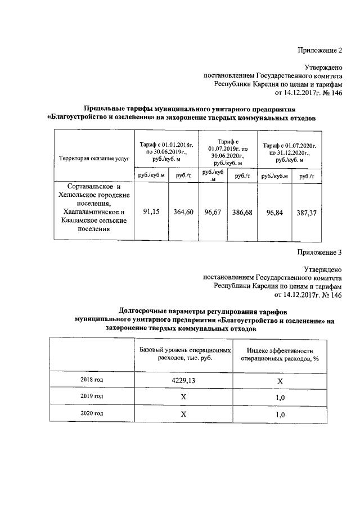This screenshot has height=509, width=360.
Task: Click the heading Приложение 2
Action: click(x=319, y=51)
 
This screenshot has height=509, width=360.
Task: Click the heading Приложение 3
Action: click(x=319, y=252)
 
